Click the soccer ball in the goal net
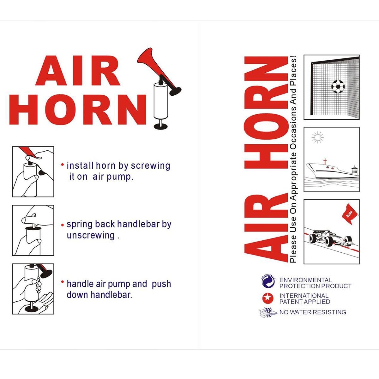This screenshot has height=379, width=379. [x=338, y=86]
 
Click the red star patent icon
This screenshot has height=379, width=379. [x=268, y=298]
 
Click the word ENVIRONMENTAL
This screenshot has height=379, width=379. [x=306, y=280]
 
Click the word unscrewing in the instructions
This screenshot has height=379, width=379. [x=91, y=235]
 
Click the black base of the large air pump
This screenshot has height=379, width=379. [x=161, y=127]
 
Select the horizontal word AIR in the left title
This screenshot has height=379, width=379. [x=78, y=71]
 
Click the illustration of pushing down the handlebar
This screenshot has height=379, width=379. [x=33, y=289]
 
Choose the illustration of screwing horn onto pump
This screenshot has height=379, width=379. [x=33, y=171]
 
